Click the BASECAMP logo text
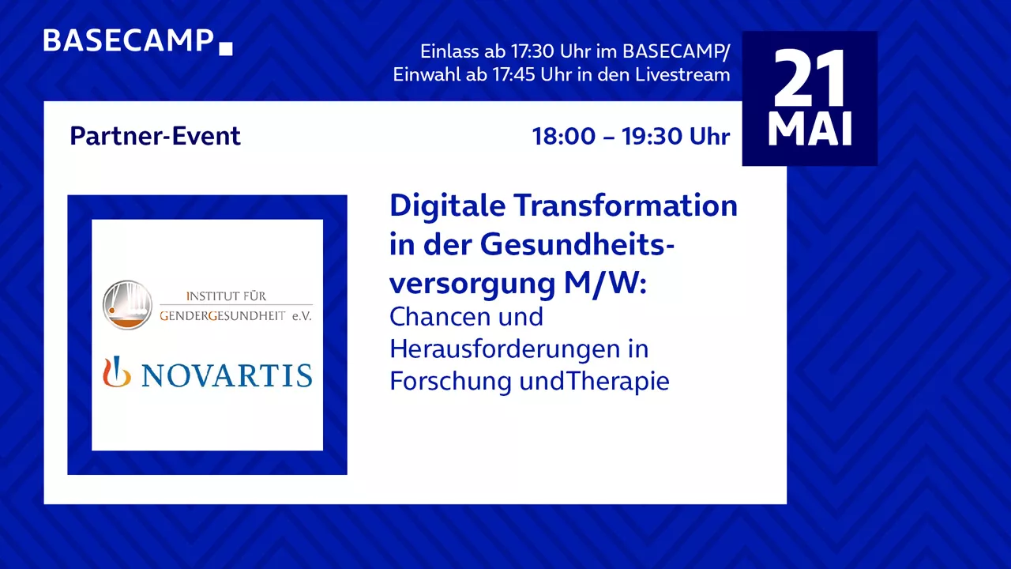pos(129,40)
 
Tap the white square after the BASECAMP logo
pos(226,48)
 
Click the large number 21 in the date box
pos(810,77)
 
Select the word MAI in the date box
pos(810,129)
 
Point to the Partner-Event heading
pos(156,136)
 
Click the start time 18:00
pos(564,136)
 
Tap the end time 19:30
pos(652,136)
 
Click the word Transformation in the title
pos(625,205)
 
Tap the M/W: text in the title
pos(605,284)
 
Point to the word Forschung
pos(451,381)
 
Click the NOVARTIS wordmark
pos(227,375)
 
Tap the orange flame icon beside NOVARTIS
pos(116,372)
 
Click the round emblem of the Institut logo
pos(127,305)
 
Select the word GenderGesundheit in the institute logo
pos(223,315)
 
